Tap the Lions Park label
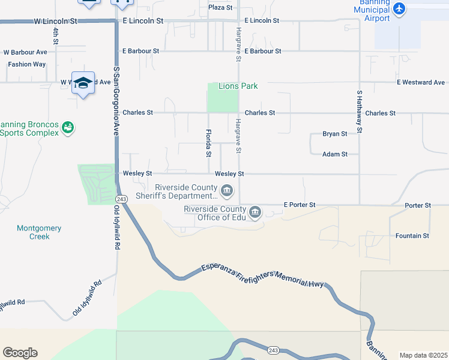pos(238,86)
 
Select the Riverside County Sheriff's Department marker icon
pos(227,191)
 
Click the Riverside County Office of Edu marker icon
pos(255,212)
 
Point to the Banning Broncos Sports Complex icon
pos(68,128)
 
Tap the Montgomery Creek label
pos(39,232)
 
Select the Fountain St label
pos(412,236)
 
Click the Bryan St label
pos(335,134)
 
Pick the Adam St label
pos(335,154)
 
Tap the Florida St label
pos(209,143)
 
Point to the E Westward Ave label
pos(420,82)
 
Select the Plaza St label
pos(220,7)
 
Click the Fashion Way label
pos(27,64)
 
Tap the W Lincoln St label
pos(56,20)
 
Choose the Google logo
pos(20,353)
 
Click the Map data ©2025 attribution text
pos(423,355)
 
